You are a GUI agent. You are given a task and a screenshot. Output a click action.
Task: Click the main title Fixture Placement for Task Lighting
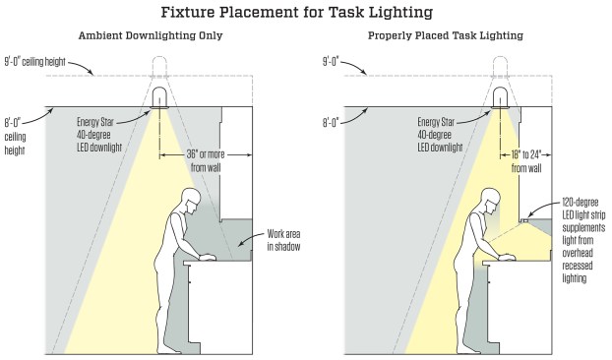click(x=297, y=12)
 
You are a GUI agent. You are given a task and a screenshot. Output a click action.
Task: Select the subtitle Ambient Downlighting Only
click(x=151, y=35)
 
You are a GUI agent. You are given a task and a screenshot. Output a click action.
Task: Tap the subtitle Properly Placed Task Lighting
click(x=446, y=35)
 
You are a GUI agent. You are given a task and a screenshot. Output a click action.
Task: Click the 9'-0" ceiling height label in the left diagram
click(x=35, y=62)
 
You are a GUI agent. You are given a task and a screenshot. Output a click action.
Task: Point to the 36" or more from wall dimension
click(x=206, y=160)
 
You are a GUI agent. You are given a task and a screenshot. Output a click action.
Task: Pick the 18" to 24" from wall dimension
click(x=526, y=161)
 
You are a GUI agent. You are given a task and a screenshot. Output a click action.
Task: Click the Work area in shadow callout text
click(x=283, y=240)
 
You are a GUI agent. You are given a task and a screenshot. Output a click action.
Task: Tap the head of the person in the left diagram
click(x=192, y=200)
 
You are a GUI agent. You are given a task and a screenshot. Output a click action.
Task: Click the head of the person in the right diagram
click(x=491, y=200)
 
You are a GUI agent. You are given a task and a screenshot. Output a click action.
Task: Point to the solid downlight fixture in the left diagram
click(x=159, y=97)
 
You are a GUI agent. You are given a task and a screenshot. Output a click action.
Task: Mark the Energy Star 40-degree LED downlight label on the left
click(x=99, y=135)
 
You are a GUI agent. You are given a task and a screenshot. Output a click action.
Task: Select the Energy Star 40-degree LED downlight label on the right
click(x=440, y=135)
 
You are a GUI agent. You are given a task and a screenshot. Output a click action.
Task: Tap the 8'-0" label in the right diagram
click(x=331, y=123)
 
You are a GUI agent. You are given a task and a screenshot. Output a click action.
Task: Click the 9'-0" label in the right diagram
click(x=331, y=62)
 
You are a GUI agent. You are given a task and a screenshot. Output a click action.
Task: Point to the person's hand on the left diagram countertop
click(x=208, y=257)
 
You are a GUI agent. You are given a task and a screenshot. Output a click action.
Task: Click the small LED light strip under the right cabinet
click(x=523, y=220)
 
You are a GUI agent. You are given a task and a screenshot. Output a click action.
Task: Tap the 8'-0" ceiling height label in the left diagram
click(x=15, y=137)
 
